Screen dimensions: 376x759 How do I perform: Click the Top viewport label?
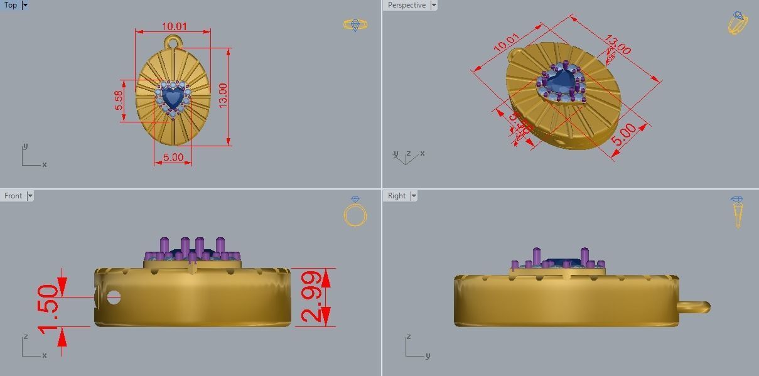click(11, 5)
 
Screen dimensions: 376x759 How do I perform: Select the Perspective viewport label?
click(406, 5)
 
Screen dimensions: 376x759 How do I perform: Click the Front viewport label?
click(13, 196)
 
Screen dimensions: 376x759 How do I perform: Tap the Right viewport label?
click(397, 196)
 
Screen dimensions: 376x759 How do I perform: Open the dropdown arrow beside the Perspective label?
click(433, 5)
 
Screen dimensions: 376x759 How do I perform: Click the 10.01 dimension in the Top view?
click(174, 26)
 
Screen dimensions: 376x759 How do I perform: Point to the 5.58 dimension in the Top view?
click(119, 100)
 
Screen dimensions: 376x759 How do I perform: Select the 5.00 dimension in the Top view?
click(173, 157)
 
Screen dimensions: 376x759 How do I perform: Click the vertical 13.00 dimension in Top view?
click(223, 95)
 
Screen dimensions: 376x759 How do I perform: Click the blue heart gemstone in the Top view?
click(173, 97)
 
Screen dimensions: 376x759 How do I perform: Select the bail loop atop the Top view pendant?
click(173, 43)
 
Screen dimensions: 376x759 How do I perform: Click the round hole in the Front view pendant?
click(114, 297)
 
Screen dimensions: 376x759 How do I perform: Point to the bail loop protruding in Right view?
click(694, 307)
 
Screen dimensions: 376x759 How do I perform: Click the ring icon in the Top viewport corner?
click(355, 25)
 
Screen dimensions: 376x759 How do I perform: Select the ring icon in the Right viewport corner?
click(737, 212)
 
